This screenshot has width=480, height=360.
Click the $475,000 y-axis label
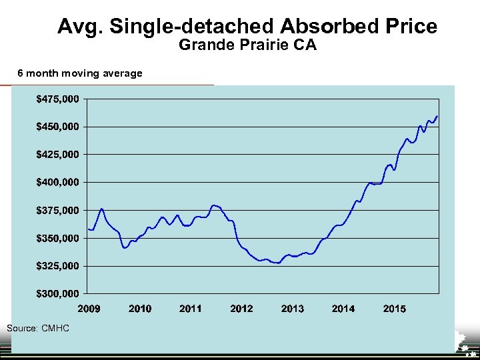pyautogui.click(x=57, y=99)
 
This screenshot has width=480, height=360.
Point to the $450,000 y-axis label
pyautogui.click(x=57, y=127)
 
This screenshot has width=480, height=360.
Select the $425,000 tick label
pyautogui.click(x=57, y=154)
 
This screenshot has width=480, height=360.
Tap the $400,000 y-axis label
pyautogui.click(x=57, y=182)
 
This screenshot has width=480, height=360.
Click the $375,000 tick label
pyautogui.click(x=57, y=210)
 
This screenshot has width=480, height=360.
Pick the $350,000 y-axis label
pyautogui.click(x=57, y=238)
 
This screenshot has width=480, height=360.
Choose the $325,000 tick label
pyautogui.click(x=57, y=265)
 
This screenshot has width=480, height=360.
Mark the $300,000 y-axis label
pyautogui.click(x=57, y=293)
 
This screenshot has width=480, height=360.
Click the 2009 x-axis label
pyautogui.click(x=89, y=309)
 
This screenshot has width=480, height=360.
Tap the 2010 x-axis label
pyautogui.click(x=139, y=309)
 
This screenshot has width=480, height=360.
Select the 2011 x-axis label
pyautogui.click(x=191, y=309)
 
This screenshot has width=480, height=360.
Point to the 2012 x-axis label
pyautogui.click(x=241, y=309)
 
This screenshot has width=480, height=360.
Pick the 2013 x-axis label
pyautogui.click(x=293, y=309)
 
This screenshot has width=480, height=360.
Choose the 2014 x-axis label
pyautogui.click(x=343, y=309)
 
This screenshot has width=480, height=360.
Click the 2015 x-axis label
pyautogui.click(x=394, y=309)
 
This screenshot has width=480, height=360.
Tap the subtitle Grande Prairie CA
pyautogui.click(x=247, y=46)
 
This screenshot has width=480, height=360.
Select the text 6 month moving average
pyautogui.click(x=79, y=73)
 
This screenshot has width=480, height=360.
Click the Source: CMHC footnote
pyautogui.click(x=37, y=328)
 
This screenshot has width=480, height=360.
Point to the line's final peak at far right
pyautogui.click(x=437, y=116)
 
